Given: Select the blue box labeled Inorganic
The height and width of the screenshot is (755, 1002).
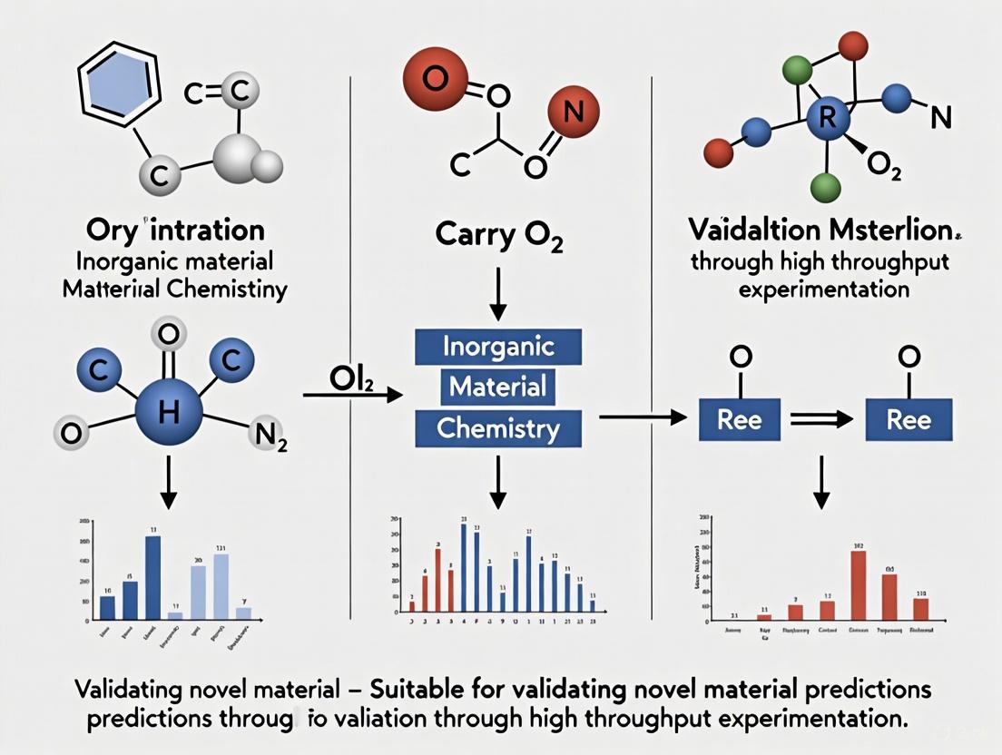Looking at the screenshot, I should click(498, 347).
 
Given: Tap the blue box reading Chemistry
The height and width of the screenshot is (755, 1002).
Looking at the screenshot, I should click(498, 427).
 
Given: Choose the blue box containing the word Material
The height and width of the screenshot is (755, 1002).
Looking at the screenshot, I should click(498, 387).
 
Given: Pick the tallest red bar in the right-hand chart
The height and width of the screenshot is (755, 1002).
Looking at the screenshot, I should click(858, 585).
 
